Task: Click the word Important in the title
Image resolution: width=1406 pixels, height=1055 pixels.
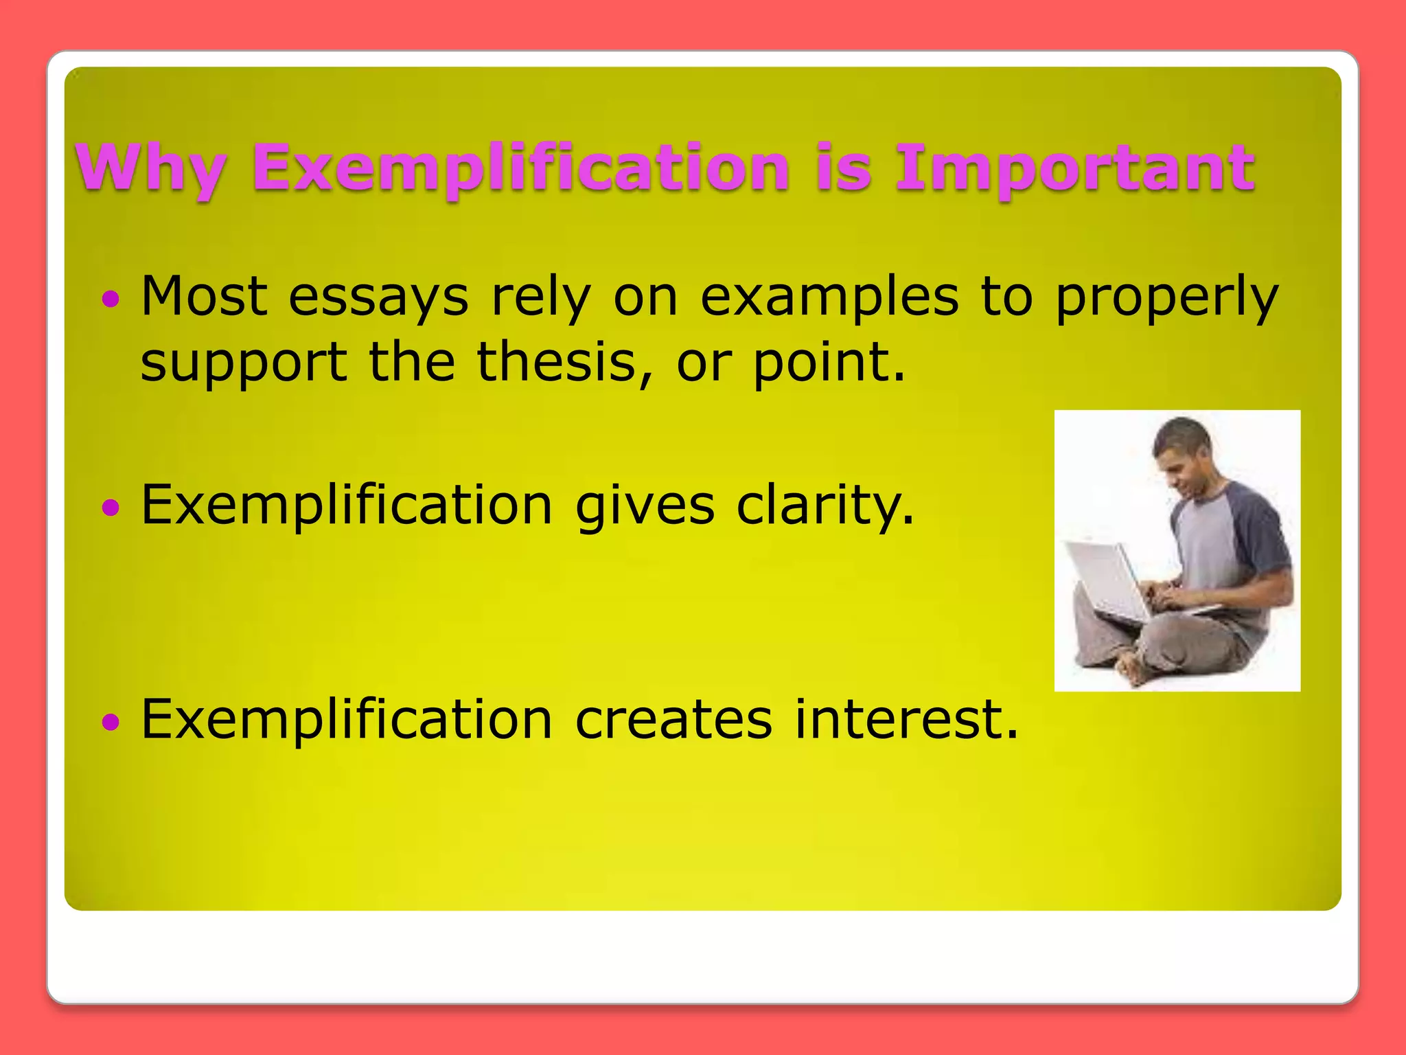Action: click(1074, 168)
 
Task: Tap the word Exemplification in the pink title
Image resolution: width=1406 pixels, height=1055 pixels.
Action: click(520, 168)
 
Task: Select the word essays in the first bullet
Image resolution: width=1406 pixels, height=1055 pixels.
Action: click(378, 297)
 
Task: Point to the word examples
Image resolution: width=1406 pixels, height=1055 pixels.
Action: click(829, 297)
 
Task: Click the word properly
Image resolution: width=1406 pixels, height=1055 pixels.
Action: click(1166, 297)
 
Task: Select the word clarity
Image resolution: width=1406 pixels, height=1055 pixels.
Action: click(825, 506)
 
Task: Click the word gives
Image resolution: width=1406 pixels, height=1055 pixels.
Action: click(644, 506)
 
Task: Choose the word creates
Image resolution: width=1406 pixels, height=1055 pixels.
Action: click(673, 720)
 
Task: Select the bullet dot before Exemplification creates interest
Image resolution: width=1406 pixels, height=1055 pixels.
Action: click(111, 721)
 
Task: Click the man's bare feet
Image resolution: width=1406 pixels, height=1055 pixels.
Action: click(1133, 666)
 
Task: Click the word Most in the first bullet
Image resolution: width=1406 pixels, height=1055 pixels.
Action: click(204, 297)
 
